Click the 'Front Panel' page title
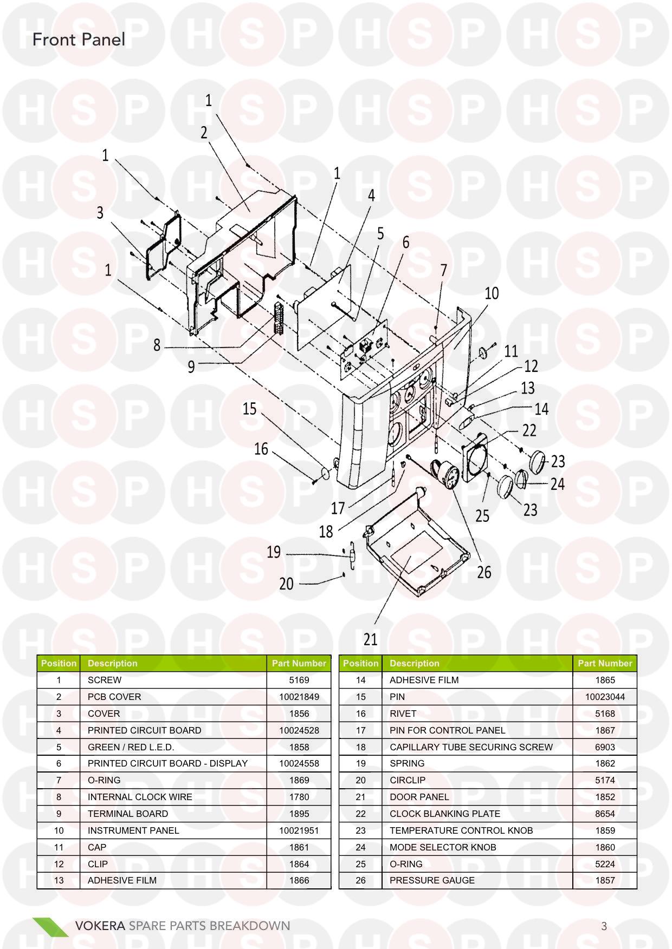click(79, 40)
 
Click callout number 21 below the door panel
click(370, 639)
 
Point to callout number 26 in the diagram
click(484, 572)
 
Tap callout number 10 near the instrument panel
click(492, 293)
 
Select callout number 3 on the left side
click(100, 213)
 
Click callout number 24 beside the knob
click(558, 483)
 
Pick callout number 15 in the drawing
click(249, 408)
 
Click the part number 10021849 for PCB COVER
click(299, 697)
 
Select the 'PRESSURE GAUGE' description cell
click(432, 880)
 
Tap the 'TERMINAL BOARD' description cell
click(128, 814)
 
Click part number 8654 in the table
click(605, 814)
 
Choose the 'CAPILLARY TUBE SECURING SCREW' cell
click(471, 747)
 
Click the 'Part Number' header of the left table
click(299, 663)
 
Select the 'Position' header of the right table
click(360, 663)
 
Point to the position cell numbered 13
click(59, 880)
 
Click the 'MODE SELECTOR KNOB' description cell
click(443, 847)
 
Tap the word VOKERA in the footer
click(100, 926)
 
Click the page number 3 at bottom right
click(604, 926)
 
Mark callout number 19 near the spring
click(274, 552)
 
